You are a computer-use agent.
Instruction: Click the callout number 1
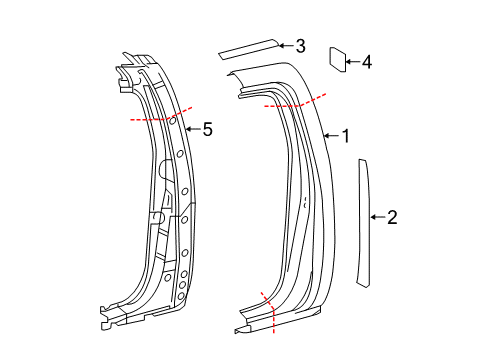click(x=347, y=136)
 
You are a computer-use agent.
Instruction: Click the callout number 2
click(x=392, y=216)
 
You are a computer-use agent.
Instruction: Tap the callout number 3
click(x=300, y=45)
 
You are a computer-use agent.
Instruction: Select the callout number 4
click(x=366, y=63)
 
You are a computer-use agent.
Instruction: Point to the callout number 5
click(x=208, y=129)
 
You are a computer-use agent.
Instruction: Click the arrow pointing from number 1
click(x=333, y=136)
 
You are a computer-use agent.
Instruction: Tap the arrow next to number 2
click(x=377, y=216)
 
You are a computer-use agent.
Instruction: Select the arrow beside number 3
click(x=285, y=45)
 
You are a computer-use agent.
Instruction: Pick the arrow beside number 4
click(x=351, y=63)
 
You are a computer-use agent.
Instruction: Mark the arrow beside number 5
click(x=194, y=129)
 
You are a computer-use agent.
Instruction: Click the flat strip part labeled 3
click(x=249, y=46)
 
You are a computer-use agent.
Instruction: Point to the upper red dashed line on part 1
click(x=296, y=101)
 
